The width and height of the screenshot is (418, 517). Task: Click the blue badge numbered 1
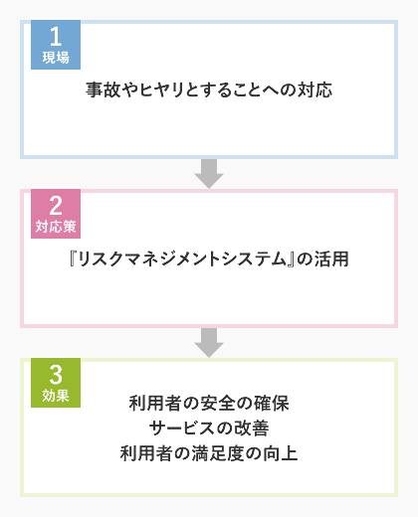coord(56,45)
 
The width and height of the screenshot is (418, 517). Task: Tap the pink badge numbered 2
coord(56,214)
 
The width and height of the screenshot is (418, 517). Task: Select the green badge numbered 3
coord(56,383)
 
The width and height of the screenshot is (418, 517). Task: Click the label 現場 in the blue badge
coord(56,58)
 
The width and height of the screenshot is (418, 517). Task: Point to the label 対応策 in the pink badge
coord(56,227)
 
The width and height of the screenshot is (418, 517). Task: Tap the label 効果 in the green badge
coord(56,396)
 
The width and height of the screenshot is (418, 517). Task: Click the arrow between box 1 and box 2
coord(209,174)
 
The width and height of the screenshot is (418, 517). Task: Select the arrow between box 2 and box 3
coord(209,343)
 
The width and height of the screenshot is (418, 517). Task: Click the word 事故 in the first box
coord(103,89)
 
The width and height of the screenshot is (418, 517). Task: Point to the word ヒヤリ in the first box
coord(161,89)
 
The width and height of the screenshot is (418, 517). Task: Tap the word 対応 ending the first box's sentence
coord(314,89)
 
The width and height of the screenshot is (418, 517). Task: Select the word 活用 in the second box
coord(331,258)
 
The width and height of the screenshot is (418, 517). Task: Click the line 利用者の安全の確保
coord(209,404)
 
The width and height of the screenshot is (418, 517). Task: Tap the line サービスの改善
coord(209,429)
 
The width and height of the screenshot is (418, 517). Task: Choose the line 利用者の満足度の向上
coord(209,453)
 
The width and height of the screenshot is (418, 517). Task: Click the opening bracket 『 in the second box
coord(73,258)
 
